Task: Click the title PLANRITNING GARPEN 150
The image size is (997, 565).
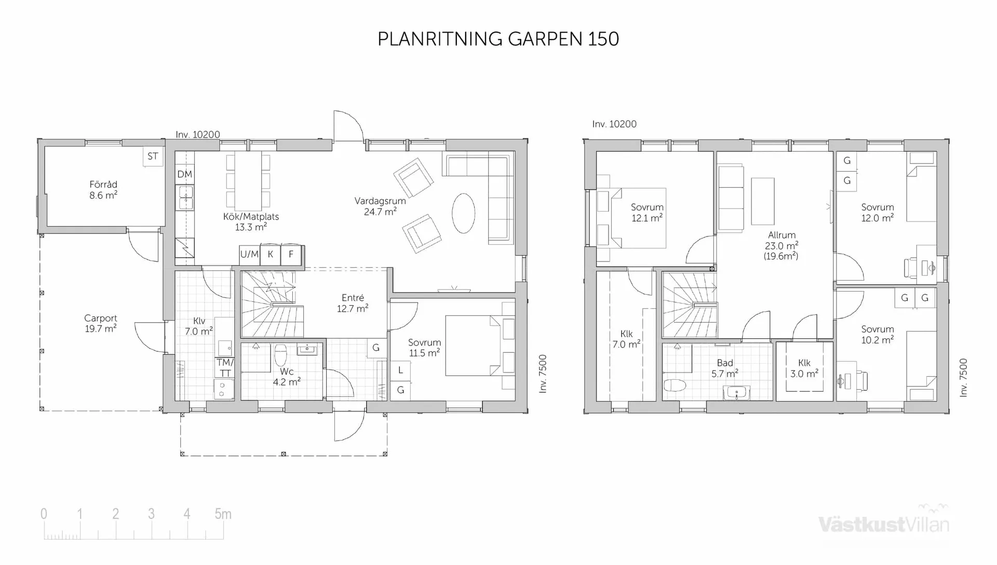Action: [x=498, y=39]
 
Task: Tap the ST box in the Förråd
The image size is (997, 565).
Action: [x=153, y=156]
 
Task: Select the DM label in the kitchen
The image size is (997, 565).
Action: [x=184, y=174]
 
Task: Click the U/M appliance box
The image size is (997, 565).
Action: [x=249, y=254]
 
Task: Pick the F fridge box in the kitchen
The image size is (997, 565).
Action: [x=291, y=254]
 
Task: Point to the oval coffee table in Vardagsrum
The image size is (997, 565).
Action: [x=463, y=213]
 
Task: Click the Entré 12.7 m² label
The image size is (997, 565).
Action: [x=353, y=303]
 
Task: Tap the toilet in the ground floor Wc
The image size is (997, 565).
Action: [x=280, y=355]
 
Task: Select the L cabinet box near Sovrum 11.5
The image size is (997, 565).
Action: [x=400, y=370]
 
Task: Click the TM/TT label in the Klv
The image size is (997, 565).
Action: [x=225, y=368]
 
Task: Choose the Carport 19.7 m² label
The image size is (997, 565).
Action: [x=101, y=323]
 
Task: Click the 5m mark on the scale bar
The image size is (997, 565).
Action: [x=223, y=514]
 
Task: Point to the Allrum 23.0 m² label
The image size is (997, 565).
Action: [x=782, y=245]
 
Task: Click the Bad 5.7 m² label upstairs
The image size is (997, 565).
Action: [x=725, y=368]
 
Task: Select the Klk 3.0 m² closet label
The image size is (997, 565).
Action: [x=804, y=368]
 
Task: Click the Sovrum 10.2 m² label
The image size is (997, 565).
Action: [x=878, y=334]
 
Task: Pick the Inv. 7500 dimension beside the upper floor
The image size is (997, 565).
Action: [x=963, y=378]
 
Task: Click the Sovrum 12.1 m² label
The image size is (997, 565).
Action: [x=647, y=213]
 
